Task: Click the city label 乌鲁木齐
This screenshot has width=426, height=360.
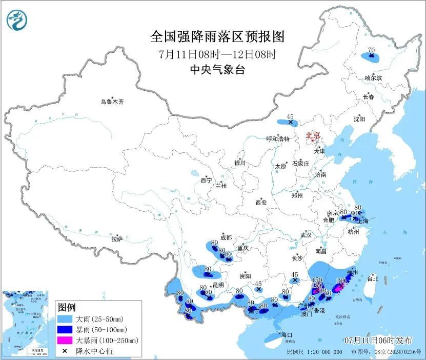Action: pyautogui.click(x=112, y=102)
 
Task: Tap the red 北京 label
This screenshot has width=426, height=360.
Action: pyautogui.click(x=313, y=135)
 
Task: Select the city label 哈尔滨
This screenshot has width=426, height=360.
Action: pyautogui.click(x=373, y=78)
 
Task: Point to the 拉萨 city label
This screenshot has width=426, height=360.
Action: pyautogui.click(x=117, y=238)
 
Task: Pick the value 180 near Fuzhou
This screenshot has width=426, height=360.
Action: pyautogui.click(x=339, y=281)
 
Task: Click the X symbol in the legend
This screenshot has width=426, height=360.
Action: pyautogui.click(x=66, y=350)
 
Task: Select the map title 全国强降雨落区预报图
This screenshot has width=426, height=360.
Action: pyautogui.click(x=217, y=37)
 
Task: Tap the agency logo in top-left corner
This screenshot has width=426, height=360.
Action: pyautogui.click(x=16, y=20)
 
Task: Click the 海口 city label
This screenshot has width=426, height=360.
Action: pyautogui.click(x=287, y=335)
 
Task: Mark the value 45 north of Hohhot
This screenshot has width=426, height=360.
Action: pyautogui.click(x=290, y=116)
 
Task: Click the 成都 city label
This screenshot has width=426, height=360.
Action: pyautogui.click(x=226, y=237)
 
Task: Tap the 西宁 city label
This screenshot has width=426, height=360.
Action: pyautogui.click(x=206, y=180)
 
